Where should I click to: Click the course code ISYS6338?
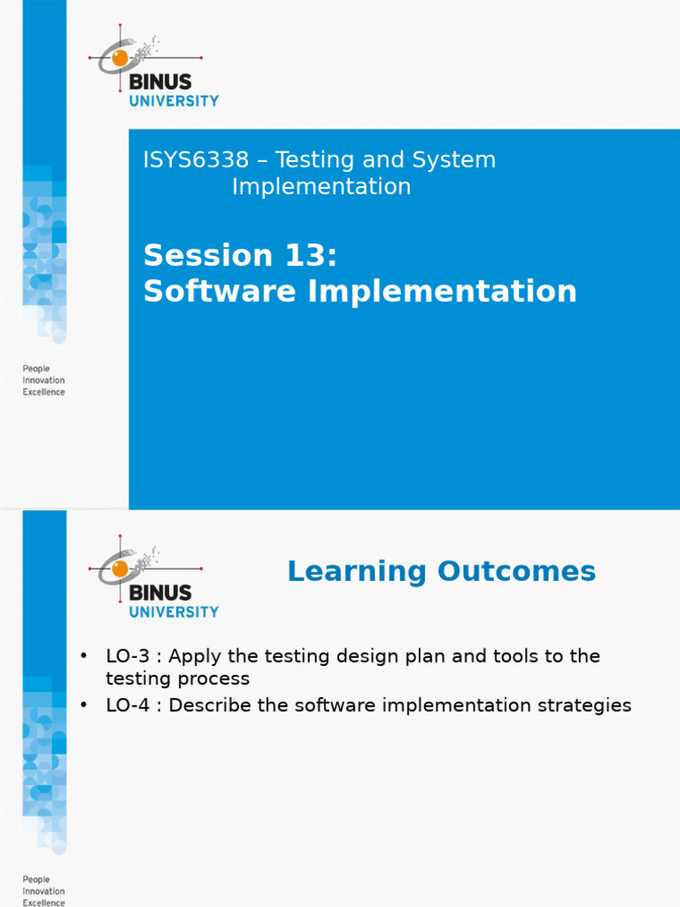[x=196, y=159]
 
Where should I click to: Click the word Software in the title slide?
[x=220, y=291]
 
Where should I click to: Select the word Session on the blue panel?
[x=208, y=255]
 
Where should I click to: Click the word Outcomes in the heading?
[x=516, y=571]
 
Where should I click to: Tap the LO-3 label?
[x=127, y=656]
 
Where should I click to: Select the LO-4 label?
[x=127, y=705]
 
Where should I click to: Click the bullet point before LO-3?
[x=84, y=656]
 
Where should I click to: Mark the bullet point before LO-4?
[x=84, y=705]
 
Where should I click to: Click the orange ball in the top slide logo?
[x=120, y=58]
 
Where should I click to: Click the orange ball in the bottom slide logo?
[x=120, y=568]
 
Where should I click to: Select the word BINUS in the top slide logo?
[x=160, y=81]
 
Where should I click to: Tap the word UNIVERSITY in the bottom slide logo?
[x=174, y=612]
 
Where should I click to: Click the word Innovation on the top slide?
[x=44, y=380]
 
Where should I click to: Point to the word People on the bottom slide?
[x=36, y=880]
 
